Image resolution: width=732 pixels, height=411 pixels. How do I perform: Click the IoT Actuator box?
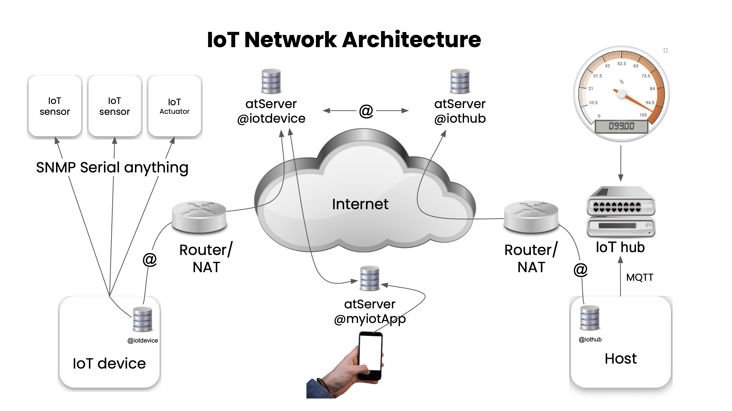(175, 106)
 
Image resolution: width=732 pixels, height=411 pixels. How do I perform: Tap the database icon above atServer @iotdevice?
(271, 81)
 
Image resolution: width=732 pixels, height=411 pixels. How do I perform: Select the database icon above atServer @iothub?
(460, 81)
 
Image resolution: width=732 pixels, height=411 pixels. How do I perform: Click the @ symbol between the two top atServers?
(366, 111)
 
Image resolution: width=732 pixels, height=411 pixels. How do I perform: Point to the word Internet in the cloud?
(360, 204)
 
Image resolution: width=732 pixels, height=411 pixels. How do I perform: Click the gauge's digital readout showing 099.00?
(621, 126)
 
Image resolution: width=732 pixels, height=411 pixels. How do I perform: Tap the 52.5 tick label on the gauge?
(622, 64)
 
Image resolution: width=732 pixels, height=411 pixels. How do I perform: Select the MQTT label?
(640, 277)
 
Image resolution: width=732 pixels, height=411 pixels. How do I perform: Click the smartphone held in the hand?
(370, 355)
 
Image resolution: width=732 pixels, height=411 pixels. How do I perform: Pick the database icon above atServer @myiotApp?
(369, 278)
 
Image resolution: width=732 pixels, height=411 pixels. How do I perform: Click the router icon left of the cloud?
(199, 216)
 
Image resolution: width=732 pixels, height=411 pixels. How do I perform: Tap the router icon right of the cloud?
(531, 216)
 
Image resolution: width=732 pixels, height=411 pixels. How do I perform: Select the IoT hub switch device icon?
(621, 211)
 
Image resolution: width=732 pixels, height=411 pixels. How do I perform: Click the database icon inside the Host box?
(590, 318)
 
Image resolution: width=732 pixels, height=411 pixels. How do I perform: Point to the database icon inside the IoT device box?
(143, 319)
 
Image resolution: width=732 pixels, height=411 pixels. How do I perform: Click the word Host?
(621, 358)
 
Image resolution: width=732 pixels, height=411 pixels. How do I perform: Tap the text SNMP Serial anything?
(112, 167)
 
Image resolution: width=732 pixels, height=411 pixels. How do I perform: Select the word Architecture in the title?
(412, 40)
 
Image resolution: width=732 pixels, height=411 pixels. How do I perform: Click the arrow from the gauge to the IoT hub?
(621, 163)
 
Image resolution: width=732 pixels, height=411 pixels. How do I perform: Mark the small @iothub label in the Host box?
(590, 339)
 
